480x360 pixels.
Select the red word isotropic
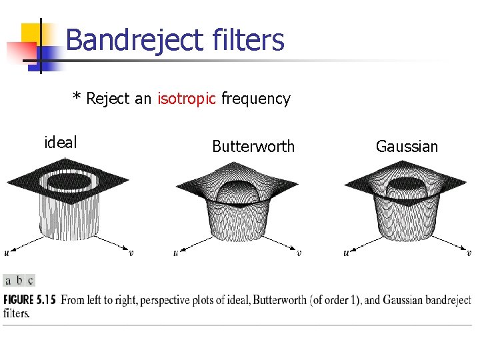click(x=187, y=99)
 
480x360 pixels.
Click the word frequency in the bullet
click(x=256, y=99)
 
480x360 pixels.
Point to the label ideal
click(x=60, y=142)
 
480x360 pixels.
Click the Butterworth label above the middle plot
click(x=253, y=147)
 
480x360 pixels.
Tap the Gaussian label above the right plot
click(x=407, y=147)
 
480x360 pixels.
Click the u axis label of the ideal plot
click(x=7, y=253)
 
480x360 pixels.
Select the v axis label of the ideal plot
click(x=131, y=253)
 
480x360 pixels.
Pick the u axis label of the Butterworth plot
click(x=175, y=253)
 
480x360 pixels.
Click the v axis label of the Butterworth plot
click(x=299, y=253)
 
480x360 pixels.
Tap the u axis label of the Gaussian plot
click(x=346, y=253)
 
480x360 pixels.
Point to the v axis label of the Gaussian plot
click(x=469, y=253)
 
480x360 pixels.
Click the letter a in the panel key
click(x=8, y=280)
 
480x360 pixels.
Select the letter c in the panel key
click(x=30, y=280)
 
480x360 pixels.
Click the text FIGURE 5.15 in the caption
click(x=30, y=300)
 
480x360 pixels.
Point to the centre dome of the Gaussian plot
click(x=407, y=183)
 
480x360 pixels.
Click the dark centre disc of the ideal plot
click(x=66, y=180)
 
